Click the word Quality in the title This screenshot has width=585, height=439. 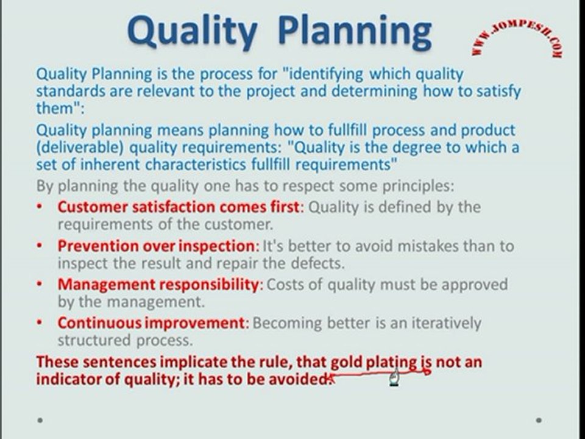coord(192,32)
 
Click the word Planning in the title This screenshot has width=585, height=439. coord(355,32)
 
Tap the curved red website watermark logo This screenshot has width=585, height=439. coord(517,37)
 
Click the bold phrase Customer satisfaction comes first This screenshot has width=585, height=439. coord(179,207)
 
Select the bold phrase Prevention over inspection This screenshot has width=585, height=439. coord(158,246)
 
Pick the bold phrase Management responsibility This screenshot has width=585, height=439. coord(160,285)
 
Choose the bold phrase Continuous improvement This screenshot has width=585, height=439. coord(152,323)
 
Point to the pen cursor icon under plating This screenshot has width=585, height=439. coord(394,379)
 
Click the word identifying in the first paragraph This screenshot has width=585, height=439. coord(327,74)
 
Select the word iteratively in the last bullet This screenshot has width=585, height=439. coord(447,323)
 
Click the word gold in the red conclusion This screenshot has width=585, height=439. coord(347,362)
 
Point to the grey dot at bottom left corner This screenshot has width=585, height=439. coord(40,420)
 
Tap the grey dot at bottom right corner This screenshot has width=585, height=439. coord(539,420)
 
